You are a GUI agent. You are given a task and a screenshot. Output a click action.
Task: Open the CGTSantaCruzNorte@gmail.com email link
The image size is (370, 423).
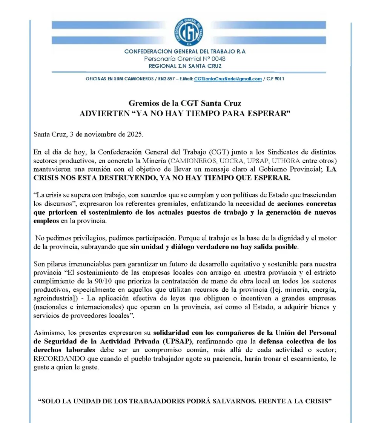pos(228,79)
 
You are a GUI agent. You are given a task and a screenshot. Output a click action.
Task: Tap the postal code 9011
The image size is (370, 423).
pos(279,79)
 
